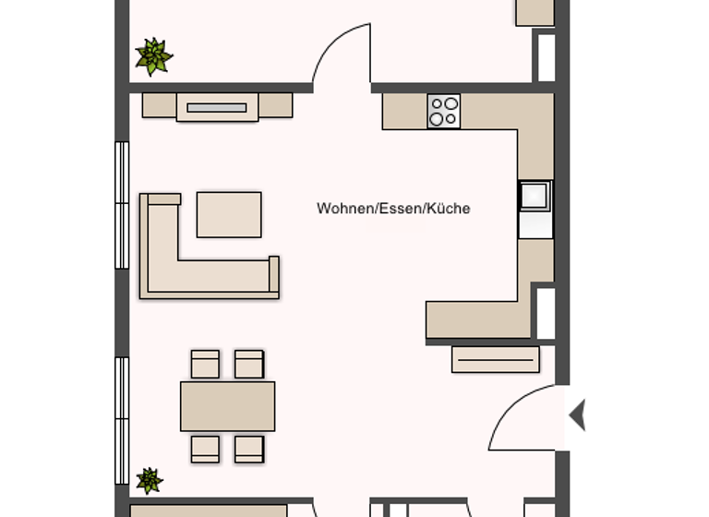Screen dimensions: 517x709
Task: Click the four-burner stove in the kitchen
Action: (x=443, y=112)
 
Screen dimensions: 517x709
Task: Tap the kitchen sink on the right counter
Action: (x=535, y=197)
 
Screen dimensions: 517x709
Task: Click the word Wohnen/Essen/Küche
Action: (x=393, y=209)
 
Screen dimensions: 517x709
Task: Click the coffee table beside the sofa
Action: (x=229, y=214)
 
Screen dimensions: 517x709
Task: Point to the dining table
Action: (x=227, y=406)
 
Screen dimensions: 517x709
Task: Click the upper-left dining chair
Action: (x=205, y=365)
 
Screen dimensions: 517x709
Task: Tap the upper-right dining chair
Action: (x=249, y=365)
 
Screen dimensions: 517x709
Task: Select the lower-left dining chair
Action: (x=205, y=449)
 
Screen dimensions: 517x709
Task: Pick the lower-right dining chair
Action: (x=249, y=449)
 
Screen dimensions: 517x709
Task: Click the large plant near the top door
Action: (x=153, y=56)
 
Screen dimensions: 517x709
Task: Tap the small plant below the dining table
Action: (x=150, y=480)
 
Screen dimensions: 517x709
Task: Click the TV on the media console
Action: (x=217, y=108)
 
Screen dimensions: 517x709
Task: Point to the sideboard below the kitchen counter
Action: (x=496, y=359)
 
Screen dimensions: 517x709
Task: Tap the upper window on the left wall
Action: (x=122, y=205)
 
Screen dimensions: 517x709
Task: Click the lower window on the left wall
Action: (x=122, y=420)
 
